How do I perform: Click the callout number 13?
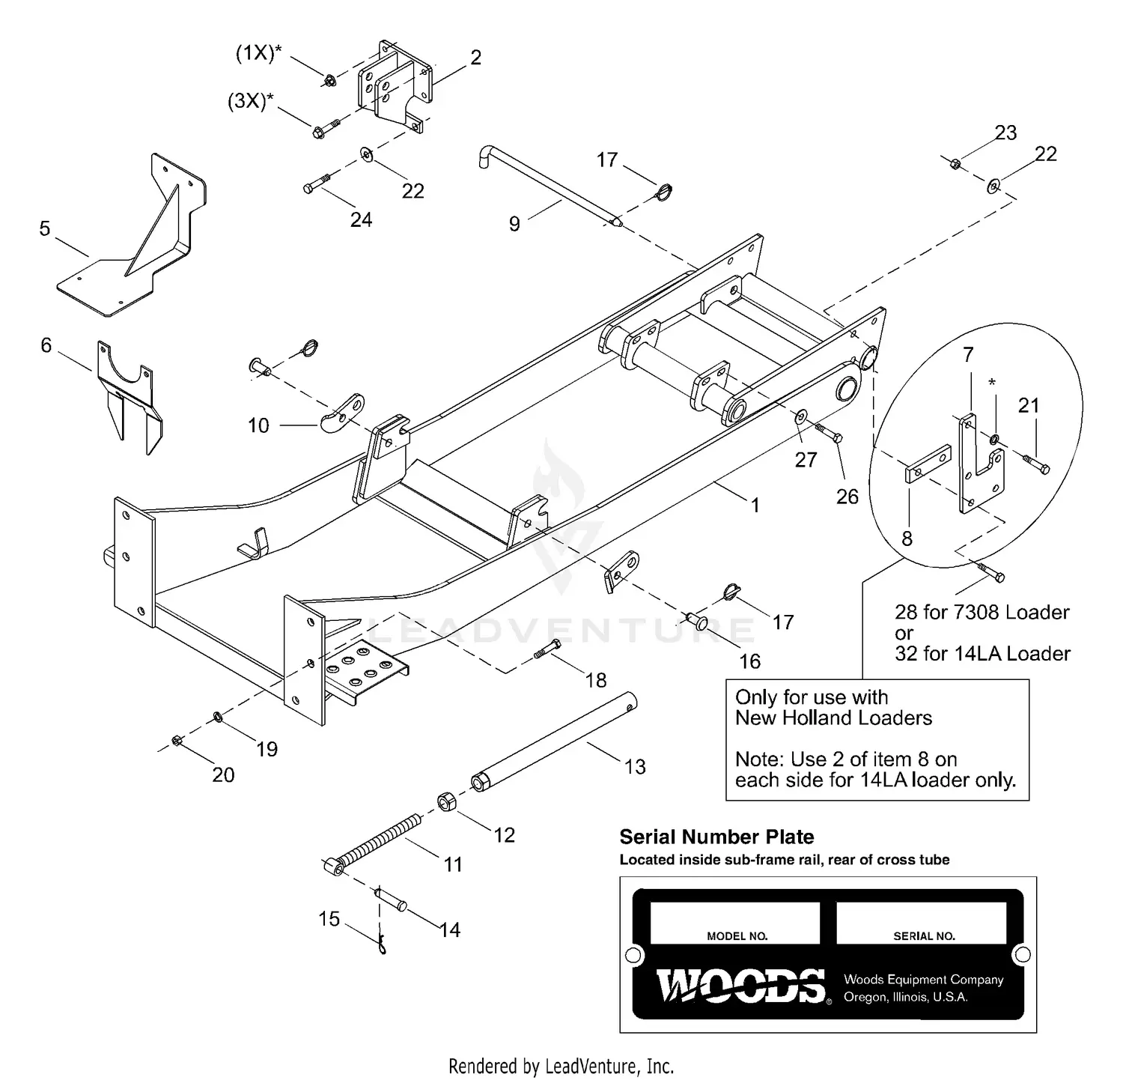634,766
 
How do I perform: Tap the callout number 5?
45,228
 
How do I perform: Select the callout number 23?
1005,133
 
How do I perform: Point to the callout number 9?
514,224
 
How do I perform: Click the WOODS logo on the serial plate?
740,986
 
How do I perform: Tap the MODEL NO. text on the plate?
737,936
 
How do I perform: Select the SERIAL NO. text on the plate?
924,936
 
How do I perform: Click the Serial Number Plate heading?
716,837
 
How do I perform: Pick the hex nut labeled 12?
447,803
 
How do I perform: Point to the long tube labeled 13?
554,741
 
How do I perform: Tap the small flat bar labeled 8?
928,464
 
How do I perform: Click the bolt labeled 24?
317,184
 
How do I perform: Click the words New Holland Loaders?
833,718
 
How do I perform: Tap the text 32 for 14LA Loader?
982,653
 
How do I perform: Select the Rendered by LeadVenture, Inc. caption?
561,1065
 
